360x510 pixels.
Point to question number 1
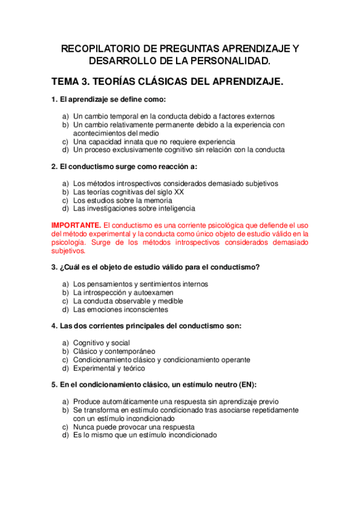(54, 100)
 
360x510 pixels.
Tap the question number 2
(54, 167)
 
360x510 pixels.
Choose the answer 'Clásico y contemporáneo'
(114, 351)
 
